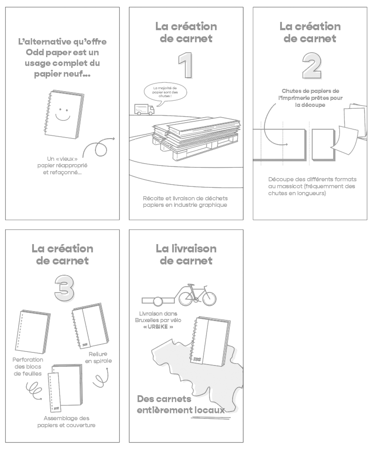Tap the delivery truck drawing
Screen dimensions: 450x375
[x=144, y=109]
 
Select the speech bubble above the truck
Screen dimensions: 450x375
[x=165, y=91]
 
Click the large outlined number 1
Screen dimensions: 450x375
[x=186, y=66]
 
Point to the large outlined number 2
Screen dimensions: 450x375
[x=311, y=66]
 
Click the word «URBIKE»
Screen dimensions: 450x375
[x=159, y=327]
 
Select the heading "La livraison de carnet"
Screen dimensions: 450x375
[x=186, y=255]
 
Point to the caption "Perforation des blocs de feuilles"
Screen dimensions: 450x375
[x=28, y=366]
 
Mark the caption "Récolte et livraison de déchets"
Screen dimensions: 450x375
[x=185, y=199]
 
